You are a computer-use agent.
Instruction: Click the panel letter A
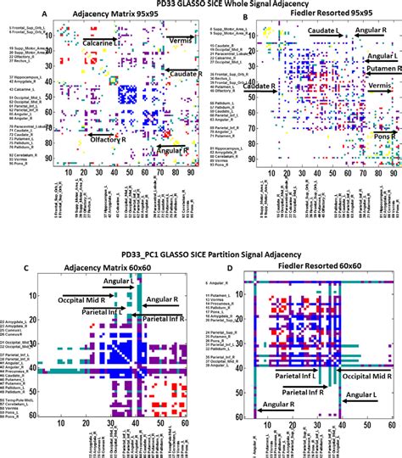coord(10,16)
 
